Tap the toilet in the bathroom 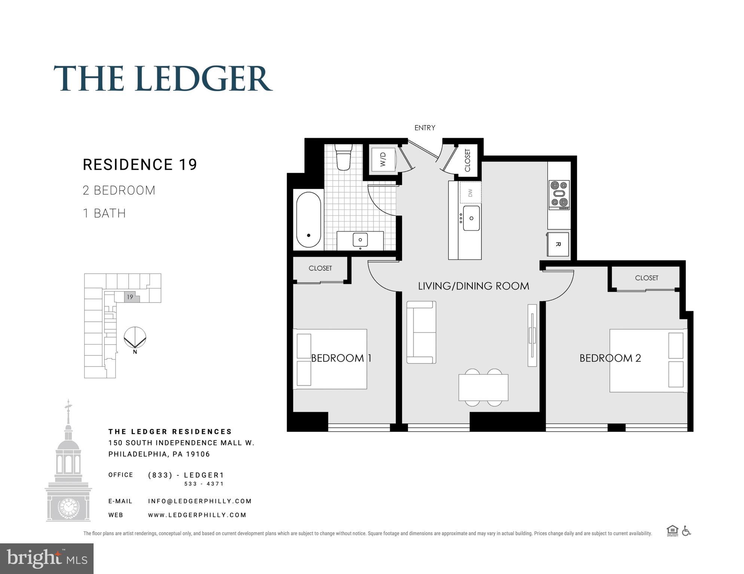(x=344, y=157)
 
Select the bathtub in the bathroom (x=308, y=220)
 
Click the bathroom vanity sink (x=360, y=240)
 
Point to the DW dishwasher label (x=470, y=193)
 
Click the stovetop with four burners (x=559, y=195)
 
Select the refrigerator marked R (x=558, y=244)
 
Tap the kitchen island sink (x=471, y=218)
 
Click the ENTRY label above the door (x=425, y=128)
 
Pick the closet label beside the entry (x=467, y=160)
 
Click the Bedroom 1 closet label (x=320, y=268)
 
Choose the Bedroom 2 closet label (x=646, y=278)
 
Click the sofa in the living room (x=421, y=332)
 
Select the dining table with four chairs (x=483, y=388)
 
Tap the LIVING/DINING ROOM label (x=473, y=286)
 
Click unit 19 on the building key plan (x=130, y=297)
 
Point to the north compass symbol (x=135, y=338)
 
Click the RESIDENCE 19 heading (x=140, y=165)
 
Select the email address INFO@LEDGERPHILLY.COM (x=200, y=501)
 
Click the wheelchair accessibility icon (x=686, y=531)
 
